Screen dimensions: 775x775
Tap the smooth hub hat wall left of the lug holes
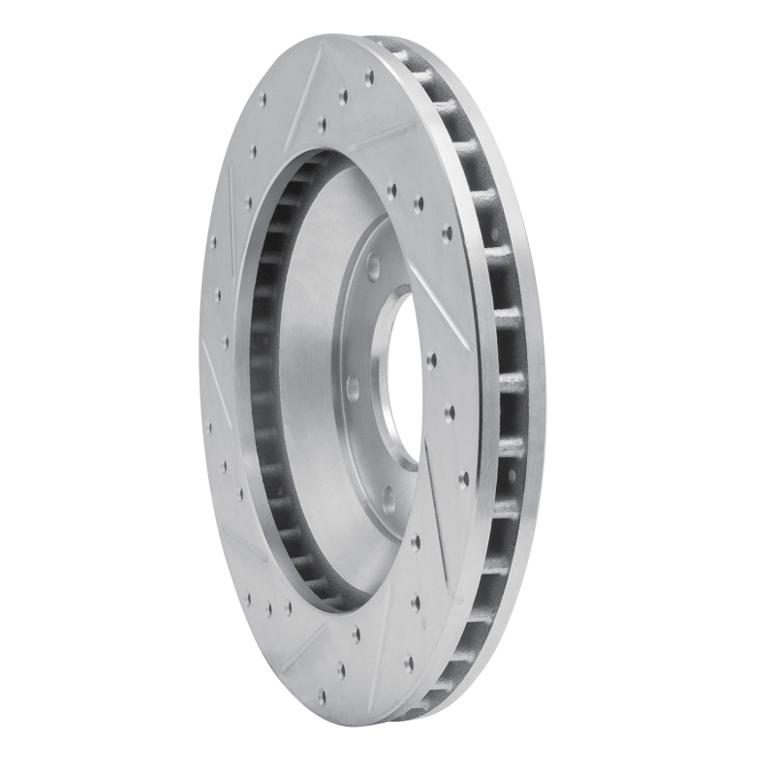click(x=310, y=387)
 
